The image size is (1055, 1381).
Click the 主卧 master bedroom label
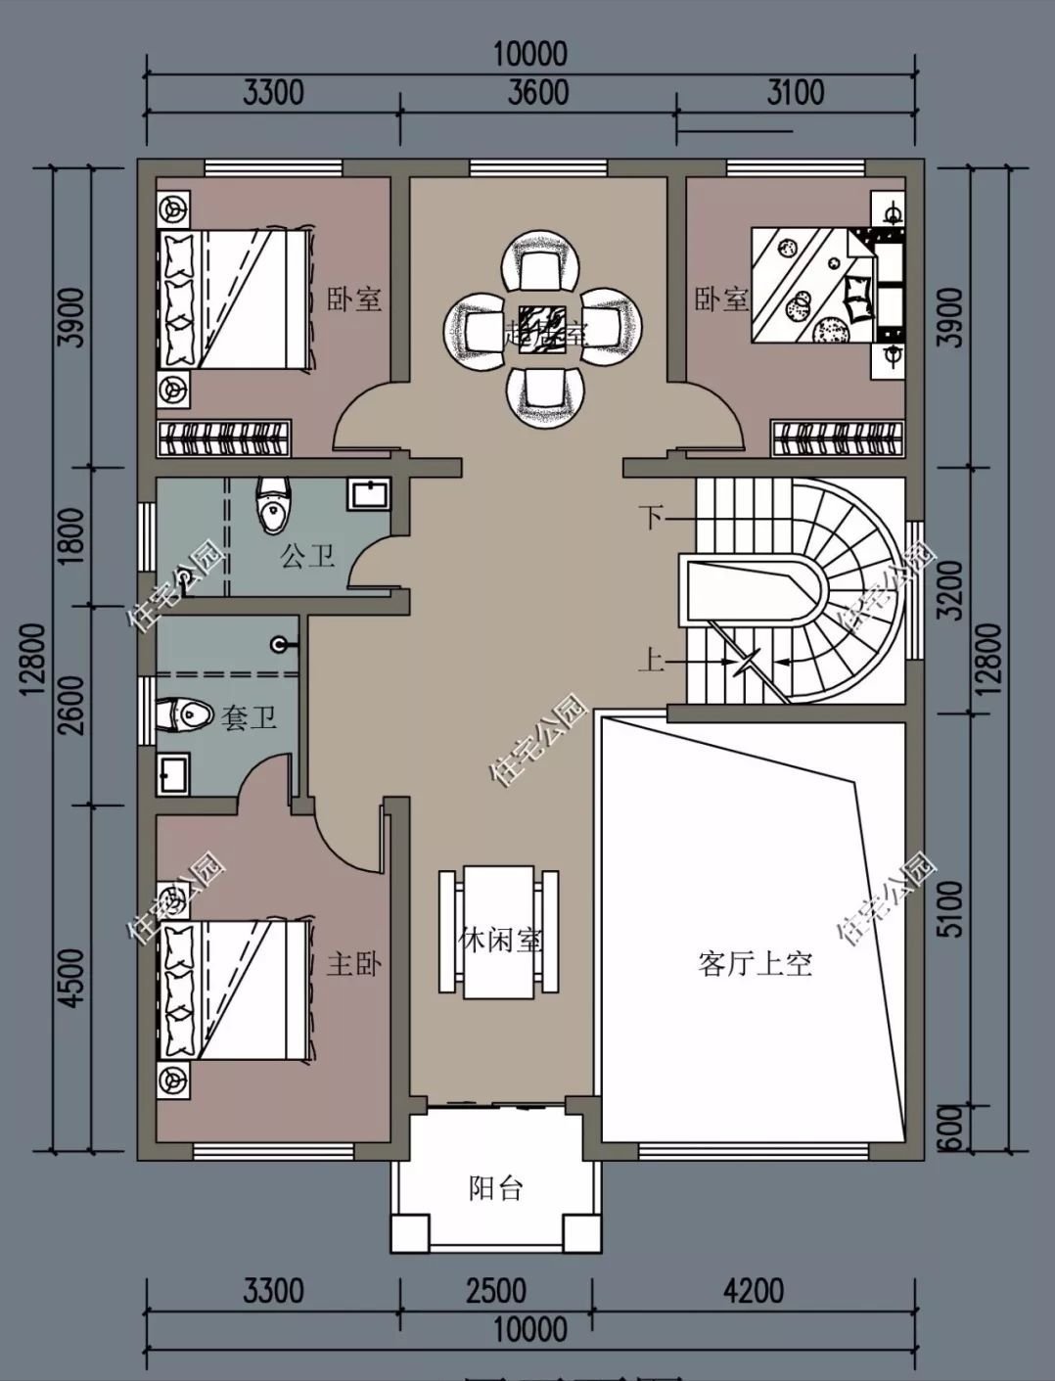(353, 964)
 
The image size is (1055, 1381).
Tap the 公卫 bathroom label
(307, 556)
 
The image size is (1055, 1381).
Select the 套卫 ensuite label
(248, 717)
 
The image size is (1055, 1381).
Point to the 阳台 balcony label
(496, 1188)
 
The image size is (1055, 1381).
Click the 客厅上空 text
(756, 964)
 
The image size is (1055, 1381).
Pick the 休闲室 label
(500, 941)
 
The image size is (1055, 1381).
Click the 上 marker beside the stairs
(652, 660)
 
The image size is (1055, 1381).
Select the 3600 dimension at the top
(538, 92)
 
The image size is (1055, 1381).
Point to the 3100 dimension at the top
(795, 92)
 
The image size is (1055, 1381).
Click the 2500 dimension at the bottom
(496, 1291)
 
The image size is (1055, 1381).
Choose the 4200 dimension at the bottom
(754, 1291)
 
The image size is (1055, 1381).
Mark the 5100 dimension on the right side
(949, 908)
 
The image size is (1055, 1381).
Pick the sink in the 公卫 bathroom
(369, 494)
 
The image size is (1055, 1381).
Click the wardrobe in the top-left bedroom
(225, 438)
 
